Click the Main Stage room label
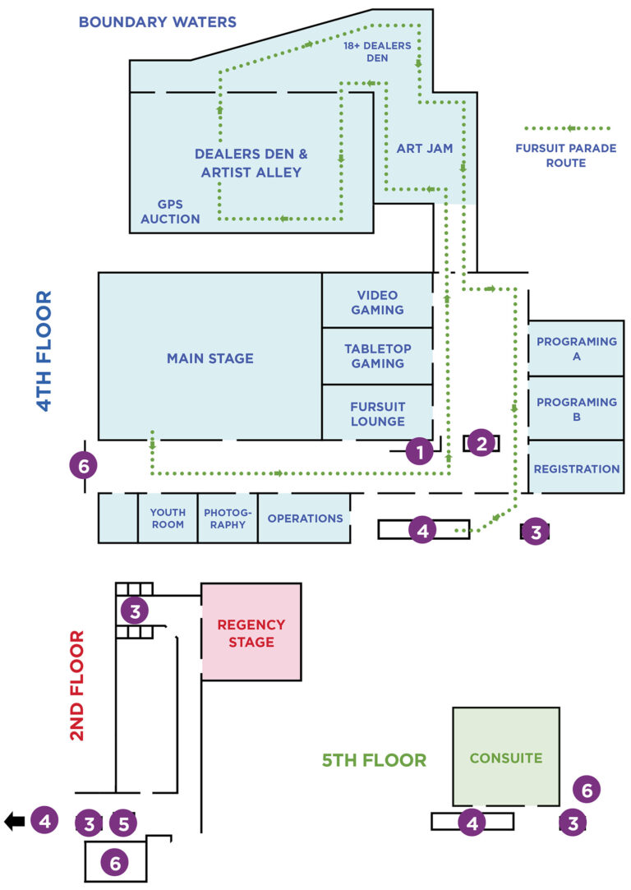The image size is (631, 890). point(210,358)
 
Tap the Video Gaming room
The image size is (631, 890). point(377,302)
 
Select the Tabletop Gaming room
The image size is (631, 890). point(377,356)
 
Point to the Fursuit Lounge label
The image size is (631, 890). point(377,414)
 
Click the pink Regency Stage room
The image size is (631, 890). point(251,633)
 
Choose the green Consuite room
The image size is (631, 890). point(505,758)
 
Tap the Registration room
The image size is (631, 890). point(576,468)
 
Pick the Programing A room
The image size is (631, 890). point(576,348)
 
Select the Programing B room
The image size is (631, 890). point(576,408)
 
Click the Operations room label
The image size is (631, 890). point(305,519)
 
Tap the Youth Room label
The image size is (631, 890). point(168,519)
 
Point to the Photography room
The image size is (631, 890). point(228,519)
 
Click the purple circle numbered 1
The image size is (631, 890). point(420,451)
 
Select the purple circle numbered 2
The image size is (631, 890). point(481,444)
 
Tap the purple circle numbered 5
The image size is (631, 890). point(123,823)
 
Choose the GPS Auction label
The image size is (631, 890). point(170,211)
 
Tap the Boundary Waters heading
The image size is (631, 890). point(157,22)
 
